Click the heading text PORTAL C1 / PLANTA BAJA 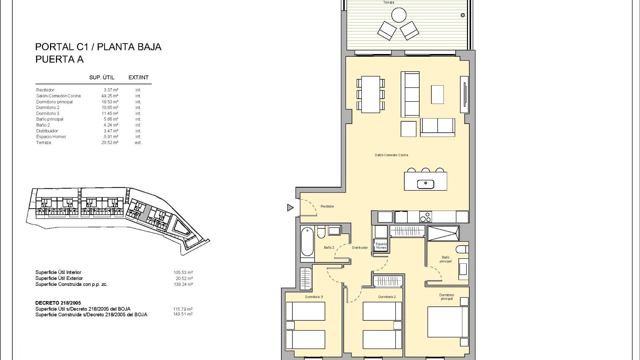click(x=98, y=47)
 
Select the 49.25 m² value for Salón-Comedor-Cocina click(x=111, y=96)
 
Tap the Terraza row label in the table click(x=44, y=143)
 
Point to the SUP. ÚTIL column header click(x=102, y=78)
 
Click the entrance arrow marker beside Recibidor click(x=290, y=208)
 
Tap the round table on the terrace click(x=399, y=15)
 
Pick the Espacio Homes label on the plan click(x=381, y=246)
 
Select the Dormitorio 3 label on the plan click(x=314, y=297)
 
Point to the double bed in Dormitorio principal click(x=448, y=322)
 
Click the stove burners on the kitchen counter click(x=425, y=217)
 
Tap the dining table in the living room click(x=370, y=95)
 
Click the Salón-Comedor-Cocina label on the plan click(x=391, y=155)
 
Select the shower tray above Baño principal click(x=443, y=233)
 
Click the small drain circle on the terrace click(x=463, y=15)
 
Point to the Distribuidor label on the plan click(x=360, y=248)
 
